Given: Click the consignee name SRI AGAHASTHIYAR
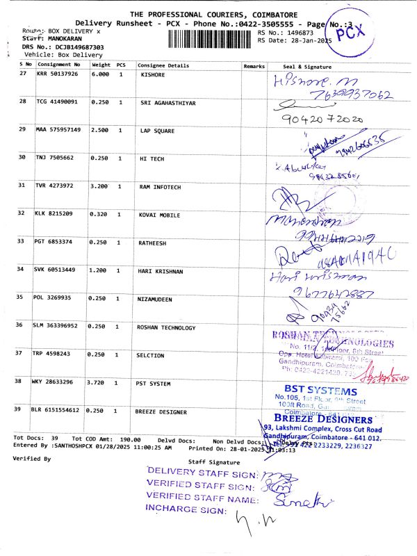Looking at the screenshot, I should click(168, 102).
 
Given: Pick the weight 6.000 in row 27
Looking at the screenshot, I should click(100, 73).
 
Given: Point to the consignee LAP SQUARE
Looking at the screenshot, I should click(157, 130).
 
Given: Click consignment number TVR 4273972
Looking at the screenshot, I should click(57, 186).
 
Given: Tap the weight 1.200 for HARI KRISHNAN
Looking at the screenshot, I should click(99, 269).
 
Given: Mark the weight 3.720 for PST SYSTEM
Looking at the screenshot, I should click(99, 382).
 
